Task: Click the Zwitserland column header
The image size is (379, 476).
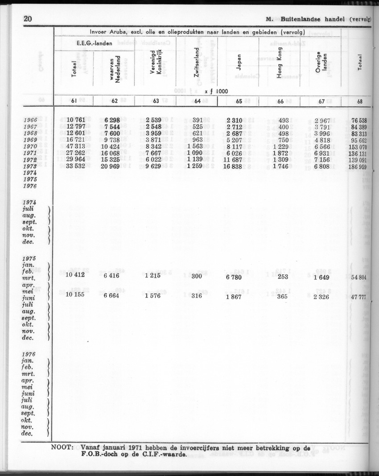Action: [197, 62]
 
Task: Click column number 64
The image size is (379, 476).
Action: [198, 101]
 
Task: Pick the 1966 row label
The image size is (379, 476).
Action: [30, 120]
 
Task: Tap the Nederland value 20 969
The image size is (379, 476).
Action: [114, 166]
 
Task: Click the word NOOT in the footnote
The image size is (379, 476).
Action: [62, 447]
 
